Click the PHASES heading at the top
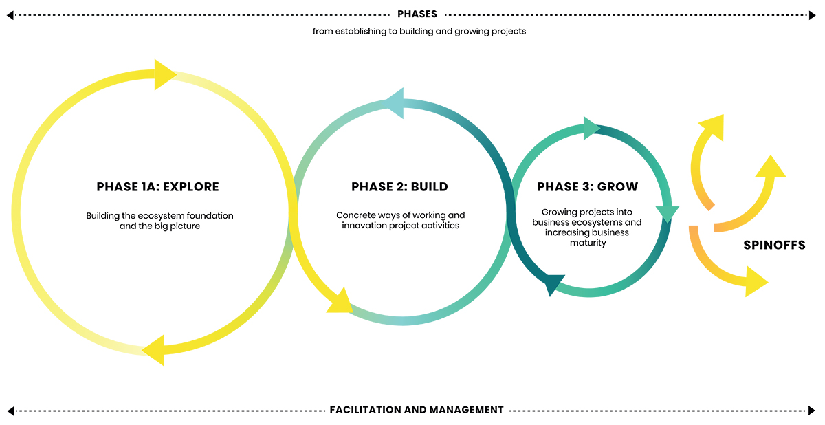point(417,14)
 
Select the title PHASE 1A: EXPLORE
point(157,187)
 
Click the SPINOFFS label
point(774,245)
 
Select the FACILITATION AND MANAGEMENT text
point(417,410)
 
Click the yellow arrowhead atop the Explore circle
point(164,74)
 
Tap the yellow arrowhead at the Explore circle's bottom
point(154,350)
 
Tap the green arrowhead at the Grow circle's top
point(591,128)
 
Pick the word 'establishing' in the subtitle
point(366,32)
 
